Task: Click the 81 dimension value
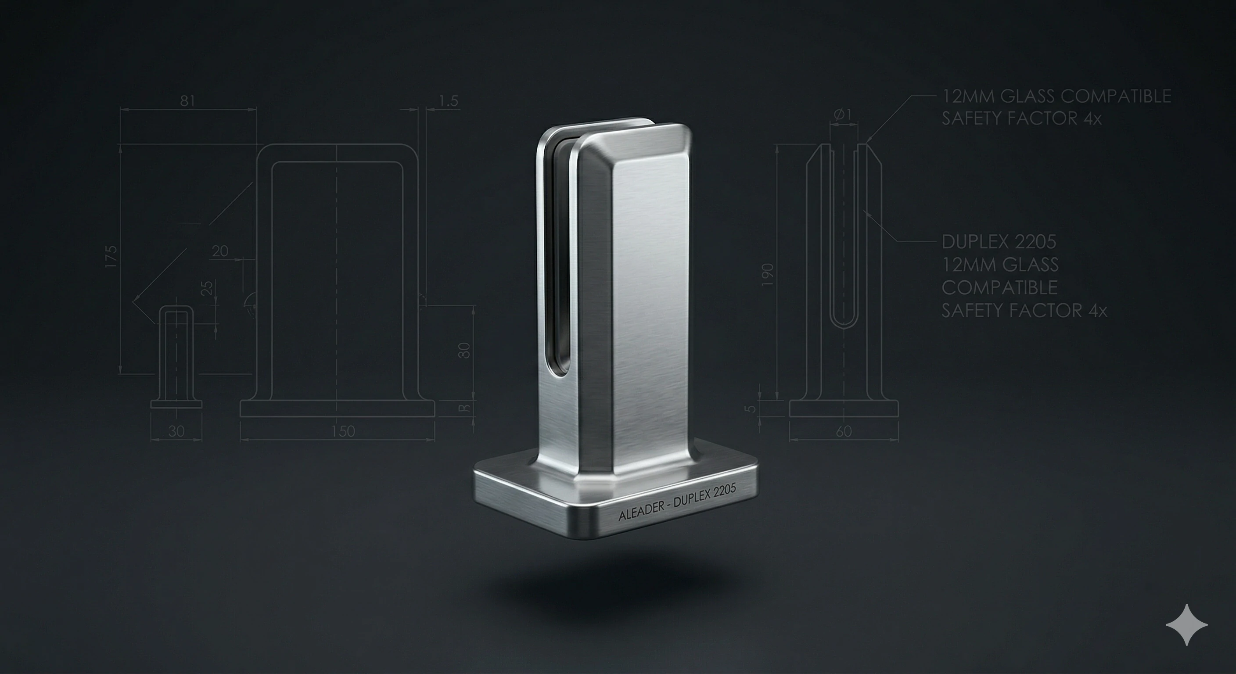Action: [x=187, y=101]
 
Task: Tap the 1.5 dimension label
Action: [x=449, y=101]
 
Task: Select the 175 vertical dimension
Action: [x=111, y=257]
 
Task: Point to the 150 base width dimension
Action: [x=343, y=431]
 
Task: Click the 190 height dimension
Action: [x=768, y=275]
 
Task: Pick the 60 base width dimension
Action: [x=844, y=432]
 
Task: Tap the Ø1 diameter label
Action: [x=843, y=115]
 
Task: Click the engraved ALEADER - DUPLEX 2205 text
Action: [x=678, y=502]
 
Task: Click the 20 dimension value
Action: [x=220, y=251]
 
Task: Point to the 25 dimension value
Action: [x=206, y=288]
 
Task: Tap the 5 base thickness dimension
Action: [x=751, y=409]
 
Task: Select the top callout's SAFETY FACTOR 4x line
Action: [x=1021, y=118]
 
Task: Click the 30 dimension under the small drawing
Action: [x=176, y=431]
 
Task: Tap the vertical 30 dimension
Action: [x=464, y=350]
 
